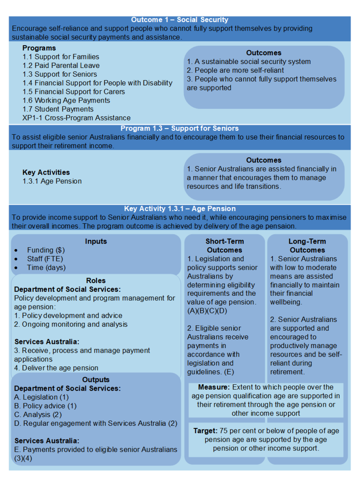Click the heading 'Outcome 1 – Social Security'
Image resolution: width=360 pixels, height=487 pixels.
click(180, 20)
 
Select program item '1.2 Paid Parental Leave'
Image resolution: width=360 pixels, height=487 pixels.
click(61, 65)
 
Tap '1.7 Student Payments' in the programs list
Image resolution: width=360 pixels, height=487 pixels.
click(58, 109)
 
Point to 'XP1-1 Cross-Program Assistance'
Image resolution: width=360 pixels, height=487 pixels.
click(76, 118)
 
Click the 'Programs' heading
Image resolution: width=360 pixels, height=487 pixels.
click(39, 48)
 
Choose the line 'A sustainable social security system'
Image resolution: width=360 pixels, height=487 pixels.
click(252, 62)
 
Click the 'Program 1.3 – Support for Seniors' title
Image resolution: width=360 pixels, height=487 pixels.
click(180, 128)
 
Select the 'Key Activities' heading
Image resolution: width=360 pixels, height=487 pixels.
click(46, 172)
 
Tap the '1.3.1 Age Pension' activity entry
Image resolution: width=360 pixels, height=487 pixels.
click(52, 181)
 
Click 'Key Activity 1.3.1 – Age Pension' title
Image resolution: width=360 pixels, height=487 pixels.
click(180, 209)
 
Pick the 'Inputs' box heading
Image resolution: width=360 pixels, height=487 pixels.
click(96, 241)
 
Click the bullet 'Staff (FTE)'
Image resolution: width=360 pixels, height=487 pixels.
click(45, 259)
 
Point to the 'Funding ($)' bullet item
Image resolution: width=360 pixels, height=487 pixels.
click(46, 250)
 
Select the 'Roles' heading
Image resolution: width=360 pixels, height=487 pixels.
click(96, 281)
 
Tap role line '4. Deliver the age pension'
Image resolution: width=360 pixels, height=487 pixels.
click(56, 368)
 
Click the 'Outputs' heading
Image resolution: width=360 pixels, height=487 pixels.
click(96, 380)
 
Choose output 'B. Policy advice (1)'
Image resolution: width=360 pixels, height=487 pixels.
click(45, 406)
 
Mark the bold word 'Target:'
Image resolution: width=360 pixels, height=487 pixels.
click(205, 431)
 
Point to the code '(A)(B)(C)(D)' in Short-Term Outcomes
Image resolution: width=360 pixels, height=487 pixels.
click(207, 311)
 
